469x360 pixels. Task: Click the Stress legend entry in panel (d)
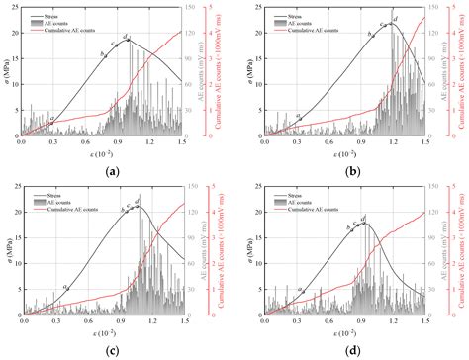click(298, 195)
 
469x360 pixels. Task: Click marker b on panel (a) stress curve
click(103, 54)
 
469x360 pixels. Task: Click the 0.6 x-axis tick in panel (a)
click(84, 143)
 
